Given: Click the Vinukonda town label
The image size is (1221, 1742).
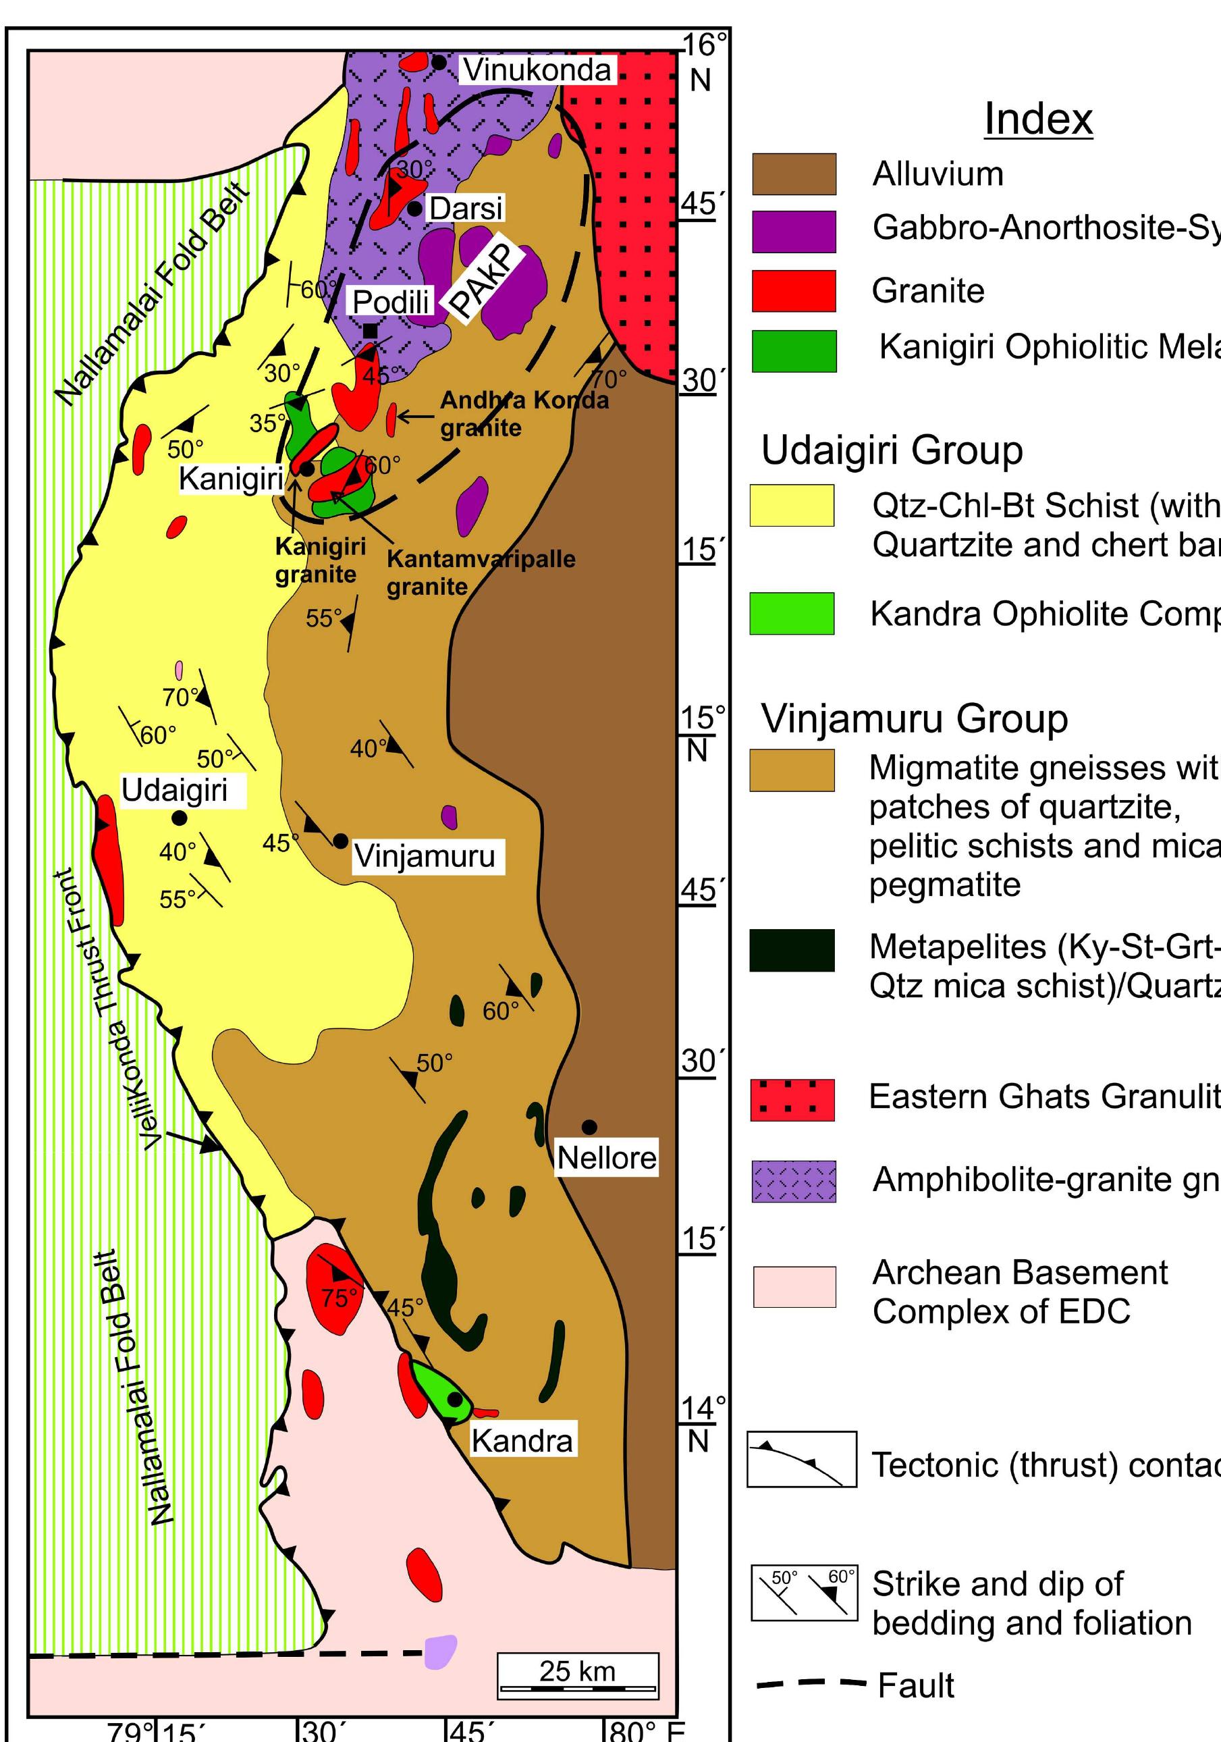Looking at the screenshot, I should point(537,71).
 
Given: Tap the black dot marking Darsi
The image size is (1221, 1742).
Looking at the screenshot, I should point(414,208).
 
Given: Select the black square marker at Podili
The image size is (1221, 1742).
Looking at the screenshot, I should point(370,331).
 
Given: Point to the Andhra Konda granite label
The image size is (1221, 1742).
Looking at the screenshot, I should point(523,413).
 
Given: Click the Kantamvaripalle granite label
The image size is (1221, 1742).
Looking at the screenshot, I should point(480,572).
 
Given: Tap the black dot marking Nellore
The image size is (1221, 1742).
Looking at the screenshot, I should point(589,1127).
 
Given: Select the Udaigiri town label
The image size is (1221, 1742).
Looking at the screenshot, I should point(174,790).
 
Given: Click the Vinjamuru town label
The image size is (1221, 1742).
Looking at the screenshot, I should point(424,856).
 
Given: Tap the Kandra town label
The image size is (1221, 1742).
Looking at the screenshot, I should point(522,1440).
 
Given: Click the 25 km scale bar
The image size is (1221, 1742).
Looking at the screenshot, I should point(578,1677).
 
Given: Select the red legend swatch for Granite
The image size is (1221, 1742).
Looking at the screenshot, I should point(793,290).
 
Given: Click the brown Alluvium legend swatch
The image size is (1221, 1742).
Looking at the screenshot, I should point(793,174).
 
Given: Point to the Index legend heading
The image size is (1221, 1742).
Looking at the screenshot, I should point(1037,118).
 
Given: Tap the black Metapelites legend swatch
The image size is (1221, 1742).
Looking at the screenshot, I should point(792,950).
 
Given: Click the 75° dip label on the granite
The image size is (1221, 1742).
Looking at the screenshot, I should point(338,1298).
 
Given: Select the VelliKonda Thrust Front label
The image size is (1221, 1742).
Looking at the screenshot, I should point(105,1010).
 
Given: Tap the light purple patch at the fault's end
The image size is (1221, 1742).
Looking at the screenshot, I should point(441,1652).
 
